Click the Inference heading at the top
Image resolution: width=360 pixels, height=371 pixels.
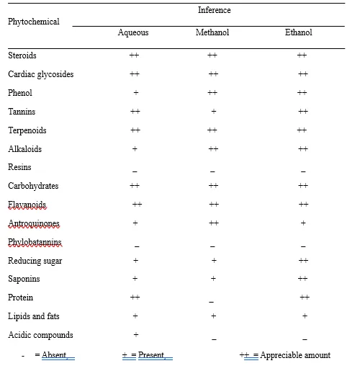(x=214, y=10)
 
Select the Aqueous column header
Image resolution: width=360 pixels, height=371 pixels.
(x=133, y=32)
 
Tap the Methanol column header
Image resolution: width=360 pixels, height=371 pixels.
(x=212, y=32)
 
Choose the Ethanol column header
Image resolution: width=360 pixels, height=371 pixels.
(x=298, y=32)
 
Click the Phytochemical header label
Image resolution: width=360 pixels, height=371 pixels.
(x=34, y=22)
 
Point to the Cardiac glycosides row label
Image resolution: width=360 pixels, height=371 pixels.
(x=41, y=74)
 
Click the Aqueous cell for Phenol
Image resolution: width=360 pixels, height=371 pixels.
(x=136, y=93)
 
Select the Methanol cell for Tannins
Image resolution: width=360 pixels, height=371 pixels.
(x=214, y=111)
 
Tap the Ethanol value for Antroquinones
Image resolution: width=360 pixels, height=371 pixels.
(x=303, y=223)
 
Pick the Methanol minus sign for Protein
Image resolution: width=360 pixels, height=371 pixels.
(x=211, y=302)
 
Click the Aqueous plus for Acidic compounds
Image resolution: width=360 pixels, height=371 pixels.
(x=136, y=334)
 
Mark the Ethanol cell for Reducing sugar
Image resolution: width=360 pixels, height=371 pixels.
(x=303, y=261)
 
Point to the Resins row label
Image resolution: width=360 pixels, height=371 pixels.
(x=19, y=167)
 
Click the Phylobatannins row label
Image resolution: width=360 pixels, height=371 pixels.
(x=35, y=242)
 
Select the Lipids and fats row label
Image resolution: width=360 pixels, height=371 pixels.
(x=34, y=316)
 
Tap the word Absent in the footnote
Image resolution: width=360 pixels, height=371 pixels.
(x=54, y=355)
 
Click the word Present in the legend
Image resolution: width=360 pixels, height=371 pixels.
(x=151, y=355)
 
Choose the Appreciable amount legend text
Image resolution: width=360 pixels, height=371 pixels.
(x=295, y=355)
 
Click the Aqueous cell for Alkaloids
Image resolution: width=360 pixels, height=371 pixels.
(x=135, y=149)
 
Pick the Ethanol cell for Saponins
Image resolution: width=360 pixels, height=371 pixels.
(x=302, y=279)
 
